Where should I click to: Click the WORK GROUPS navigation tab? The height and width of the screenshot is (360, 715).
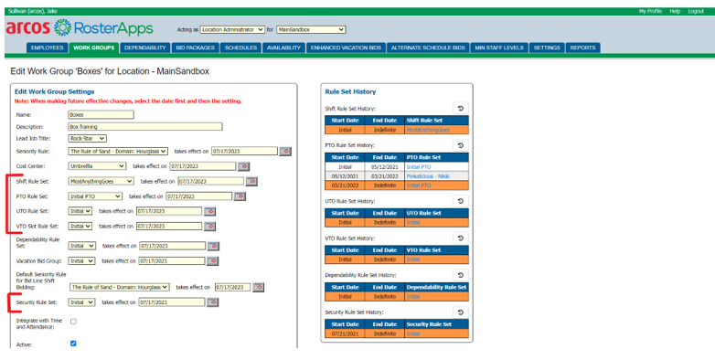click(x=93, y=48)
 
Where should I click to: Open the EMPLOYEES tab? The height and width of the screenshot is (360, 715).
click(x=48, y=48)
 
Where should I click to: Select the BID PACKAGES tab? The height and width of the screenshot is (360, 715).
click(x=195, y=48)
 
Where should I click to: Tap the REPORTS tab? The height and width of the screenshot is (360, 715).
click(x=582, y=48)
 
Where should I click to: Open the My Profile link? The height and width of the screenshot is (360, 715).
click(x=650, y=11)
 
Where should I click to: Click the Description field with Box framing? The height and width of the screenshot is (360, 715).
click(x=144, y=126)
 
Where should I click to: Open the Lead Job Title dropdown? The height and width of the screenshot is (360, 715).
click(x=88, y=138)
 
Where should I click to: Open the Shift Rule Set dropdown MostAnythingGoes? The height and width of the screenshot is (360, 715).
click(x=102, y=181)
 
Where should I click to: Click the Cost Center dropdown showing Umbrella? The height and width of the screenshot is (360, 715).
click(x=97, y=166)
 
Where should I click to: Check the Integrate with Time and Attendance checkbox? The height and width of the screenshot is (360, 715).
click(x=73, y=322)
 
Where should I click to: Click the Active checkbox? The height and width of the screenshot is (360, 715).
click(x=73, y=344)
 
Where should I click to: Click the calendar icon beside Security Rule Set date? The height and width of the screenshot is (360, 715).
click(x=212, y=302)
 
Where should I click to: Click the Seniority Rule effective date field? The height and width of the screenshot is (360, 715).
click(x=242, y=151)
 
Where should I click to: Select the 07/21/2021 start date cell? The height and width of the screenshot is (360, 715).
click(x=346, y=334)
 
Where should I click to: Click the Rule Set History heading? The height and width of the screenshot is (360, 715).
click(x=350, y=91)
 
